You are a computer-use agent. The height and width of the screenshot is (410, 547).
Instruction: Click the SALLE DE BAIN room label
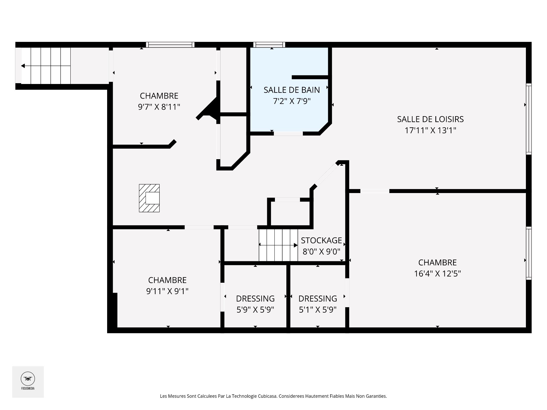pyautogui.click(x=292, y=90)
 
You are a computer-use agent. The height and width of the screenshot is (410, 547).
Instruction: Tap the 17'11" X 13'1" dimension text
pyautogui.click(x=430, y=130)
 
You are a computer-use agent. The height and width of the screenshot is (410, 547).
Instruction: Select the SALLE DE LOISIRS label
pyautogui.click(x=430, y=119)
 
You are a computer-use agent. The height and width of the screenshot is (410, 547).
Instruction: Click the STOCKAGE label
pyautogui.click(x=321, y=241)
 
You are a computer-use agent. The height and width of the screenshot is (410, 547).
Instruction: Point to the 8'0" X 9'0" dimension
pyautogui.click(x=321, y=252)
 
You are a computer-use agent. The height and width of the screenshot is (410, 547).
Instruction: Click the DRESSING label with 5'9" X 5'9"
pyautogui.click(x=255, y=299)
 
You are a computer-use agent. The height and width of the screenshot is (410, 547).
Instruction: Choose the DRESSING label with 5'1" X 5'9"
pyautogui.click(x=318, y=299)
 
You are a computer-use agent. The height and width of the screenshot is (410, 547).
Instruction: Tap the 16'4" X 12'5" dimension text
pyautogui.click(x=437, y=274)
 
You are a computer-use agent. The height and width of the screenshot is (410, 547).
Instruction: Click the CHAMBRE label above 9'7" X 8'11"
pyautogui.click(x=159, y=96)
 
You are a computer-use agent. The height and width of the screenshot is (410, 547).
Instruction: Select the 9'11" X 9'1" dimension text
pyautogui.click(x=167, y=291)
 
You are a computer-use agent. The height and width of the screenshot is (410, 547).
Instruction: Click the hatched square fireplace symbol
pyautogui.click(x=149, y=198)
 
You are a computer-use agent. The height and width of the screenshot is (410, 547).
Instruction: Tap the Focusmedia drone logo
pyautogui.click(x=28, y=379)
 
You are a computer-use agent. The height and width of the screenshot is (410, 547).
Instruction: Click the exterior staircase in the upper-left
pyautogui.click(x=46, y=66)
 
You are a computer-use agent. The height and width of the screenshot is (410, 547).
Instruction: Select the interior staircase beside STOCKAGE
pyautogui.click(x=278, y=245)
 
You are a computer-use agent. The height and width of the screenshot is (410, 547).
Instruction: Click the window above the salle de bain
pyautogui.click(x=269, y=44)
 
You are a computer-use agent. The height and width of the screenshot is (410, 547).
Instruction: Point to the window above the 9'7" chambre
pyautogui.click(x=170, y=44)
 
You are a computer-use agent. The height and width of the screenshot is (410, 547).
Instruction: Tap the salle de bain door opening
pyautogui.click(x=288, y=134)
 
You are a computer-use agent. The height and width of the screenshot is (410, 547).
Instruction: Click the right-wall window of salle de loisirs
pyautogui.click(x=528, y=119)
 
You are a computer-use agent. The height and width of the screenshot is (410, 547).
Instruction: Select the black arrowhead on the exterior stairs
pyautogui.click(x=23, y=66)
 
